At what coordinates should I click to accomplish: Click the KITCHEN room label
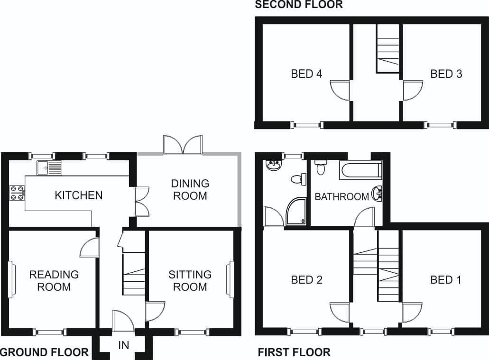point(79,195)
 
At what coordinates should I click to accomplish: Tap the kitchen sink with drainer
point(49,168)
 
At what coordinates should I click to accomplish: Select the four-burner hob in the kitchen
point(18,193)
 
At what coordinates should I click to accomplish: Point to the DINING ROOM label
point(190,190)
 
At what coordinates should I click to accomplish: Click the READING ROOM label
point(54,281)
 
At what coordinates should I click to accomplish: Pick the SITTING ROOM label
point(190,281)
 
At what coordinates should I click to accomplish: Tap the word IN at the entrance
point(124,345)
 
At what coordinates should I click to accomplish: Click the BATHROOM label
point(342,197)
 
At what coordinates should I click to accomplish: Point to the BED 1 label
point(446,280)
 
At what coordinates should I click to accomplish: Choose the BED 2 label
point(306,280)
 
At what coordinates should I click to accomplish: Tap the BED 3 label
point(446,74)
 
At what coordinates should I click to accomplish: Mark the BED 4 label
point(306,74)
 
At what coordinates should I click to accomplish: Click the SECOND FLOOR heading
point(299,4)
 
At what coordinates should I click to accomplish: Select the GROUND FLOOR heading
point(44,352)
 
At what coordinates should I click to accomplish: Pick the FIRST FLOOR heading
point(294,352)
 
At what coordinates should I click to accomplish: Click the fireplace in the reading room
point(11,279)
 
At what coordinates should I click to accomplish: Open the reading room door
point(90,248)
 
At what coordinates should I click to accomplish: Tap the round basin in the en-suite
point(274,166)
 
